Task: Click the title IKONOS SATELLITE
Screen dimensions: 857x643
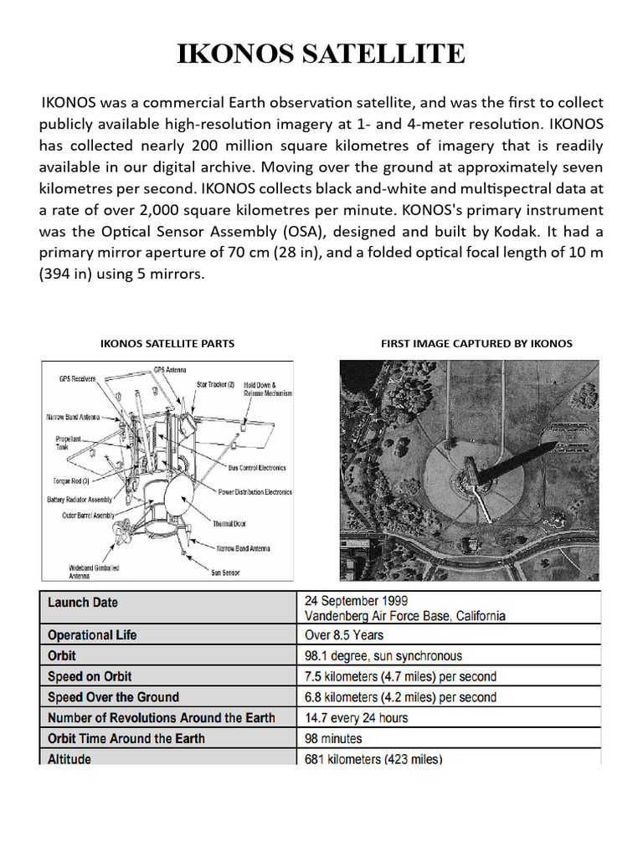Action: point(321,54)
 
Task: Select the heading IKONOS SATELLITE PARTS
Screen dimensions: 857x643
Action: point(167,343)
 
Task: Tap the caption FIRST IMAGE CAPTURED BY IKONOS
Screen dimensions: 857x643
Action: point(476,343)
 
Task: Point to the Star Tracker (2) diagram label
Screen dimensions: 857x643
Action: point(215,384)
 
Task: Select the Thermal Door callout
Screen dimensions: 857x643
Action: point(229,523)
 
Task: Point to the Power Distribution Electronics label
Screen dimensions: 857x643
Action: point(255,492)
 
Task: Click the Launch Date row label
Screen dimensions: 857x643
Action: point(83,603)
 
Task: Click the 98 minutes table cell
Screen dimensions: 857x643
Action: point(334,738)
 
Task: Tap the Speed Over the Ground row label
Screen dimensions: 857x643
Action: point(113,697)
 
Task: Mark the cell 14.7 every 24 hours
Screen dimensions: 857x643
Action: point(357,717)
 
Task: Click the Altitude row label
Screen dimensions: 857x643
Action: point(69,758)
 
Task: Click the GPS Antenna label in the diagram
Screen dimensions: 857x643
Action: point(170,369)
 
